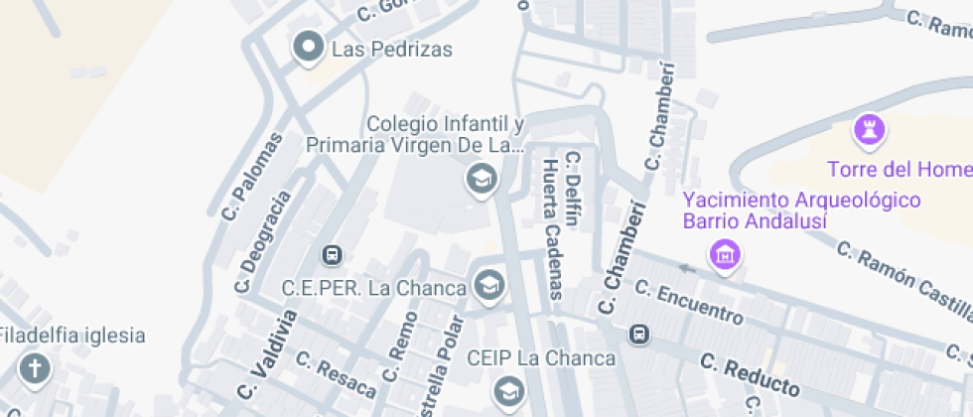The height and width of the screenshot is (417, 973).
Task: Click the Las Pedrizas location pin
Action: pyautogui.click(x=308, y=47)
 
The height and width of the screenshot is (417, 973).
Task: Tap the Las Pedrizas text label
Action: pyautogui.click(x=392, y=49)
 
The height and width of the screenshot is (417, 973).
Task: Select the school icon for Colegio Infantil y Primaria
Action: pyautogui.click(x=482, y=180)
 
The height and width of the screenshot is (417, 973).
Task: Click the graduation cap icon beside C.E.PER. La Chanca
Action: pyautogui.click(x=488, y=287)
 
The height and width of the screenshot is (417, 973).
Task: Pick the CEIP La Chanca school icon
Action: pyautogui.click(x=509, y=390)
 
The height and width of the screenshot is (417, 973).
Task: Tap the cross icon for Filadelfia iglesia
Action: pyautogui.click(x=36, y=369)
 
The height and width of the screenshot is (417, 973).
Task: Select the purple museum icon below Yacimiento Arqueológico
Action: pyautogui.click(x=727, y=254)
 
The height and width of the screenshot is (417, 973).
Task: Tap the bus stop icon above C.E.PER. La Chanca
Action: pyautogui.click(x=333, y=255)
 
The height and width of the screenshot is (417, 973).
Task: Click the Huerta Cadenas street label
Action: pyautogui.click(x=550, y=228)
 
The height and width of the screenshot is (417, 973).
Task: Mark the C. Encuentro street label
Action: pyautogui.click(x=688, y=301)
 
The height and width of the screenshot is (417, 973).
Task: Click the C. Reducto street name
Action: pyautogui.click(x=750, y=373)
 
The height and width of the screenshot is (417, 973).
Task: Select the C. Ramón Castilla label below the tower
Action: pyautogui.click(x=900, y=277)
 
